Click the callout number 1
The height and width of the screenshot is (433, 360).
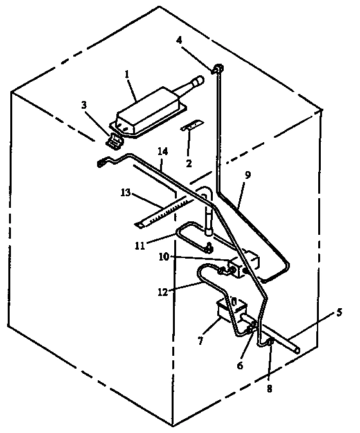[129, 75]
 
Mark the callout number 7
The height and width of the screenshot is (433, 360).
[201, 340]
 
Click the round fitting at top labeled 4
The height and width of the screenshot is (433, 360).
[218, 68]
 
